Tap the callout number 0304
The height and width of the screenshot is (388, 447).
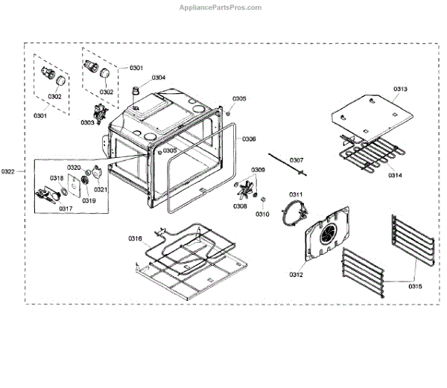(159, 77)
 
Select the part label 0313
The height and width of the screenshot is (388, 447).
(399, 89)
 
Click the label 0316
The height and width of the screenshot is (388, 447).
(135, 238)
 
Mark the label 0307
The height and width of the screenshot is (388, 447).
(297, 160)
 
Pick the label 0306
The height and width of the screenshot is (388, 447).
(250, 139)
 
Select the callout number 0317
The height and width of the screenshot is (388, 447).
(66, 209)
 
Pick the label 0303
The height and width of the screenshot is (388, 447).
(88, 122)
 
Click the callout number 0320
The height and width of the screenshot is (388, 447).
(74, 168)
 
